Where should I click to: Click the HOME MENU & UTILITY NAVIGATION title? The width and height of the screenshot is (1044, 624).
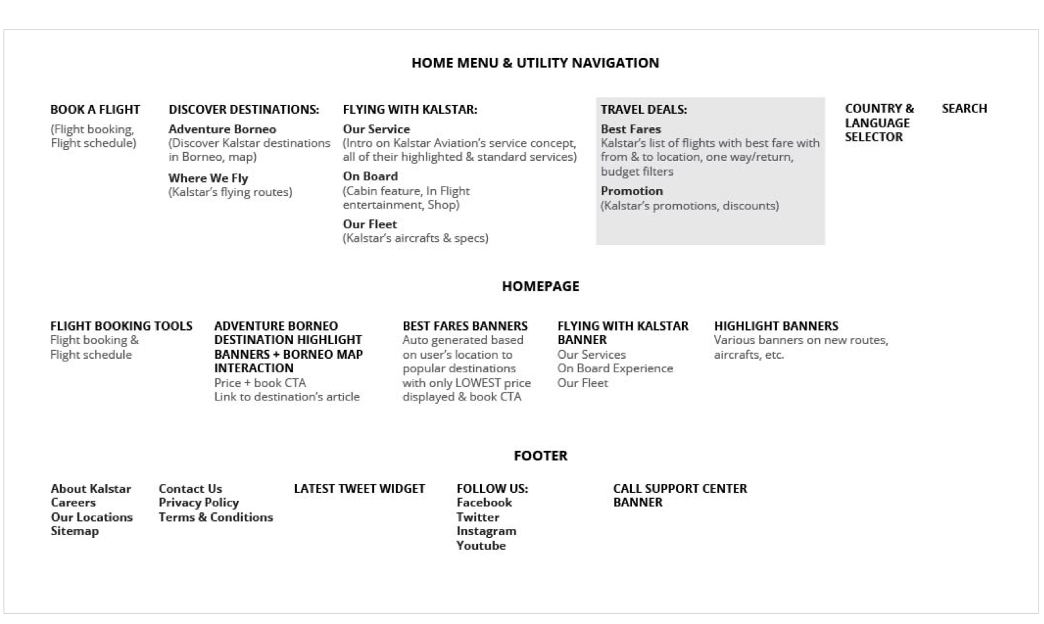click(x=535, y=63)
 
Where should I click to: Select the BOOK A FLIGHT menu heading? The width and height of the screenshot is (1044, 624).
click(x=95, y=110)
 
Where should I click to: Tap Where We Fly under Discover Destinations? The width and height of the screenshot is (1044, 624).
click(x=208, y=178)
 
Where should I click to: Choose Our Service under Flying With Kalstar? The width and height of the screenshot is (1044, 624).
click(x=376, y=129)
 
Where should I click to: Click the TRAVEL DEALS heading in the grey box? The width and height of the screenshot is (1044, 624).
click(x=643, y=110)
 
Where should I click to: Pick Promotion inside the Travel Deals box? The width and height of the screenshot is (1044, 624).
click(x=631, y=191)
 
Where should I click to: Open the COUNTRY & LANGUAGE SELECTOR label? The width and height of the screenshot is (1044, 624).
click(x=878, y=123)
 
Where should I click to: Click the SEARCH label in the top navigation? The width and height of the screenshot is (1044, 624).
click(x=964, y=109)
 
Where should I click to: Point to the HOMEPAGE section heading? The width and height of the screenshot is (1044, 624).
click(x=541, y=287)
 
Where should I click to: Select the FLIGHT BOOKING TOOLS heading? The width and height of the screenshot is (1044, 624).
click(x=121, y=326)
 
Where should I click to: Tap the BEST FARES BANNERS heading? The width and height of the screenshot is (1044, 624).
click(x=465, y=326)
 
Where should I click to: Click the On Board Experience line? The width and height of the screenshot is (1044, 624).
click(x=615, y=369)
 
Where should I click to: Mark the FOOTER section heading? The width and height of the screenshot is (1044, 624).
click(x=541, y=456)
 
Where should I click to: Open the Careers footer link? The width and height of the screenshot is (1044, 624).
click(x=73, y=503)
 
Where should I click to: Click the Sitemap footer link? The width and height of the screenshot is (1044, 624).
click(x=75, y=531)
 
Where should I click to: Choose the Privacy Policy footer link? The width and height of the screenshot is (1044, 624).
click(x=199, y=503)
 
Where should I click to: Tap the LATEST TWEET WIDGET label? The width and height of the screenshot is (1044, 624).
click(x=359, y=489)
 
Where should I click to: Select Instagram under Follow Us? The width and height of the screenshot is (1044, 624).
click(x=486, y=531)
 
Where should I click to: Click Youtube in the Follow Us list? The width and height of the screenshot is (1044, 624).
click(x=481, y=546)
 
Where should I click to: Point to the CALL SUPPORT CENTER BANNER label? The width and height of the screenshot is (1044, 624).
click(x=679, y=495)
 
